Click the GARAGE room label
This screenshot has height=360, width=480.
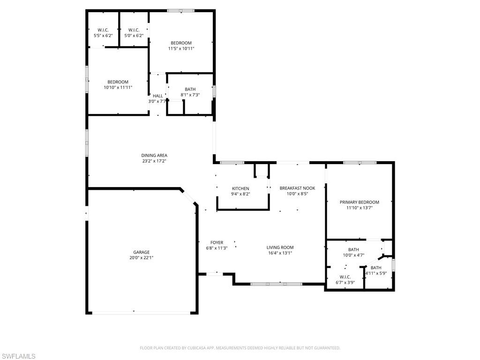(x=141, y=252)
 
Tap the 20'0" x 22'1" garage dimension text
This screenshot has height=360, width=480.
(x=141, y=258)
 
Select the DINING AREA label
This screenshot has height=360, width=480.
(x=154, y=156)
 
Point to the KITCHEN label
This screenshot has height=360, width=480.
(x=240, y=188)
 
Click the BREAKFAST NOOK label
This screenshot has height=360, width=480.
(x=297, y=188)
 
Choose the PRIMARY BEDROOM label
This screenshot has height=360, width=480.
(x=359, y=202)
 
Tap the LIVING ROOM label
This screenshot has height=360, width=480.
(x=280, y=247)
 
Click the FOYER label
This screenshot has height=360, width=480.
(x=217, y=243)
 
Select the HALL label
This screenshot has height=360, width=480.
(x=158, y=96)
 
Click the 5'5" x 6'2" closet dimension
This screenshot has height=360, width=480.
(x=103, y=35)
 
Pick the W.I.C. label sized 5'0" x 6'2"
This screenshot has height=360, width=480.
(x=134, y=30)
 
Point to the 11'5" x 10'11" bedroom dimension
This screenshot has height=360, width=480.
(x=181, y=48)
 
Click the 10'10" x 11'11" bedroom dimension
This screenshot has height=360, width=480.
(x=118, y=87)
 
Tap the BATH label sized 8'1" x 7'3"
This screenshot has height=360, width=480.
(x=190, y=89)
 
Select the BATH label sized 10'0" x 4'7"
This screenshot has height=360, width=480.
(x=353, y=250)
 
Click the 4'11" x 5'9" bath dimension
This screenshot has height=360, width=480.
(x=376, y=273)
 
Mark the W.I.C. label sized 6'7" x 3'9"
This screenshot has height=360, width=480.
(x=345, y=277)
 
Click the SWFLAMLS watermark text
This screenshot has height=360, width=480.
(x=18, y=357)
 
